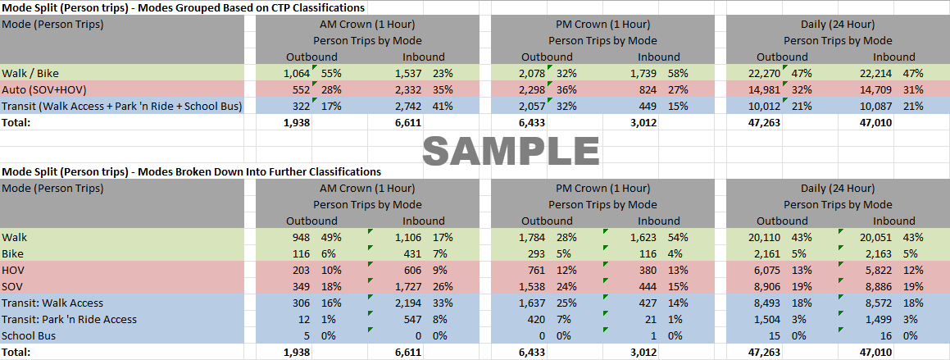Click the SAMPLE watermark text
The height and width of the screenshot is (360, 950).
(511, 151)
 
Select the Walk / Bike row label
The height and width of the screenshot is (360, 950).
(30, 73)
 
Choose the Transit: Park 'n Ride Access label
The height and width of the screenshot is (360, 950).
(70, 319)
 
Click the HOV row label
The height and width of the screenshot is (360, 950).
(14, 270)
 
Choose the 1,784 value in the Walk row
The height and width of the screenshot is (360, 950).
(531, 237)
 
